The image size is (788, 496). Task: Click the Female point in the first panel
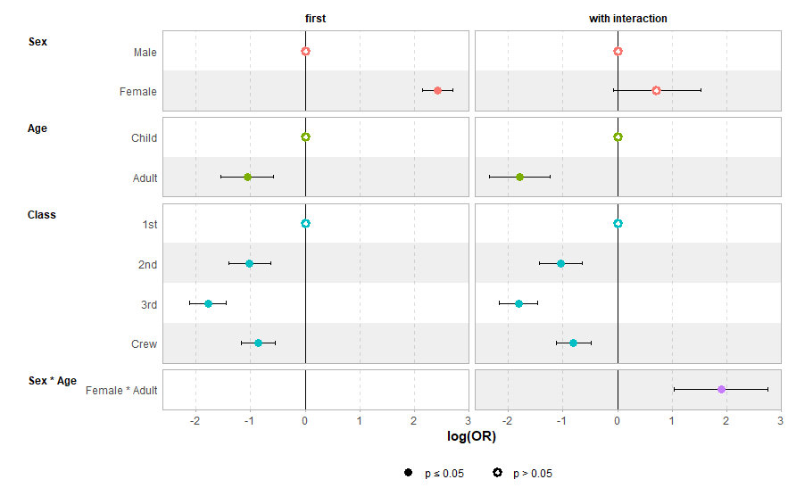(x=437, y=91)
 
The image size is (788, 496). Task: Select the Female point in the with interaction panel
(x=656, y=91)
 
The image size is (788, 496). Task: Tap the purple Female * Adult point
(x=721, y=389)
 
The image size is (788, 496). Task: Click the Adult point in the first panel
(x=247, y=177)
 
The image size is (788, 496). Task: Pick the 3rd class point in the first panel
(x=208, y=304)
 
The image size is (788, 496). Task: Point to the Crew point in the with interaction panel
(x=573, y=343)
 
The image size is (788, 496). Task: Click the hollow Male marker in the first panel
(x=305, y=52)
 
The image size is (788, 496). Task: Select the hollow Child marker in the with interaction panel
(x=618, y=137)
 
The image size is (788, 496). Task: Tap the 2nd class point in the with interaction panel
(x=560, y=264)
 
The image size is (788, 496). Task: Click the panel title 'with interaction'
(x=627, y=19)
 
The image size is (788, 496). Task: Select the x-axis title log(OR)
(x=471, y=437)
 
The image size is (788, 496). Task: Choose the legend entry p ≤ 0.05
(x=435, y=473)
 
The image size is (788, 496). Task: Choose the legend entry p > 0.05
(x=524, y=473)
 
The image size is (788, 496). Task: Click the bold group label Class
(x=42, y=215)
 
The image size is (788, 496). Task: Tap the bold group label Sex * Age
(x=53, y=382)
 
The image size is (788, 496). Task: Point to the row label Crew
(x=144, y=344)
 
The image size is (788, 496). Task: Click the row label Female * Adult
(x=121, y=391)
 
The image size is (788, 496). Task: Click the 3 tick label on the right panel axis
(x=780, y=421)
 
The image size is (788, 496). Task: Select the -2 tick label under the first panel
(x=195, y=421)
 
